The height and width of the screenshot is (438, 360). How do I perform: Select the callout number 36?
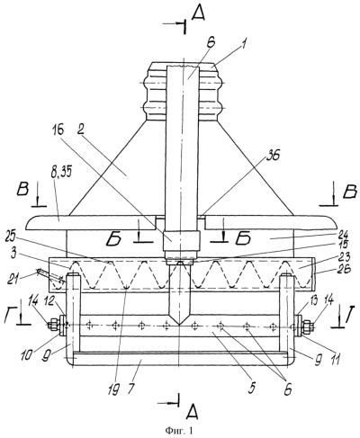point(274,156)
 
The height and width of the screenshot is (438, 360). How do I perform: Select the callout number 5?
point(251,388)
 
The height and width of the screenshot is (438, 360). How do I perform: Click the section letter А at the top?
point(198,13)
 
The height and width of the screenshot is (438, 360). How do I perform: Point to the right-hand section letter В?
point(349,192)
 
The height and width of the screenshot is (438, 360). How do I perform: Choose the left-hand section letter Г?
point(10,316)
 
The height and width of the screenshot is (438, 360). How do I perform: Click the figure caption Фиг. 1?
point(179,431)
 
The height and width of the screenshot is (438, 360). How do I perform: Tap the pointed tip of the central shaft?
point(179,325)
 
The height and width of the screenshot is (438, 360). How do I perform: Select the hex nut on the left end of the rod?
point(55,325)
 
